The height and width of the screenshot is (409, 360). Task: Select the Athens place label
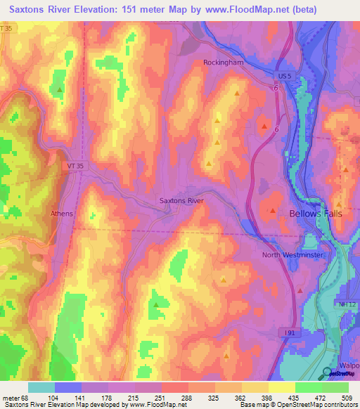coord(62,213)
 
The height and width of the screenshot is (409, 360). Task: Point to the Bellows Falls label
coord(316,213)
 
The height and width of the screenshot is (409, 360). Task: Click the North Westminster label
coord(291,255)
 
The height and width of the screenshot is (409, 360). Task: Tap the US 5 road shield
coord(282,74)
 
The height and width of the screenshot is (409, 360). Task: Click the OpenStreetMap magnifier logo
coord(328,373)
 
